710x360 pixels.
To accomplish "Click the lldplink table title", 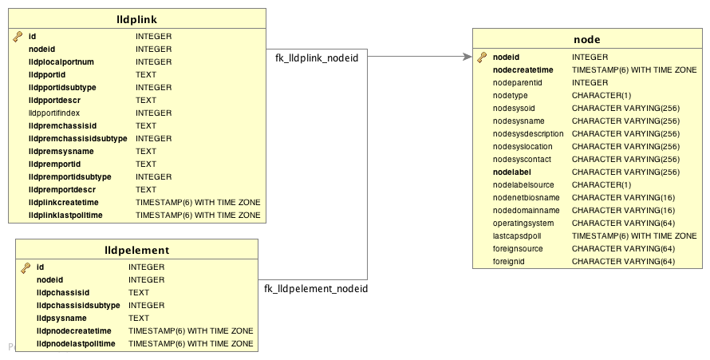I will tap(136, 19).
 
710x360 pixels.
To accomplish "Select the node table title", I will tap(586, 39).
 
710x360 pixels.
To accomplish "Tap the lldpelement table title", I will tap(136, 250).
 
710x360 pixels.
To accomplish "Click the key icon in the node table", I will tap(482, 57).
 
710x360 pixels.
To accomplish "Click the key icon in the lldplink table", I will tap(18, 37).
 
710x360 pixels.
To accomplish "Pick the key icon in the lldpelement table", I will tap(26, 267).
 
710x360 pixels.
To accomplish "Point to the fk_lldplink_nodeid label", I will tap(317, 57).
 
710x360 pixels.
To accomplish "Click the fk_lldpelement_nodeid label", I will tap(316, 288).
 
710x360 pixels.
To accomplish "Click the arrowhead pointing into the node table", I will tap(467, 57).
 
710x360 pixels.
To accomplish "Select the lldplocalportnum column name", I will tap(61, 62).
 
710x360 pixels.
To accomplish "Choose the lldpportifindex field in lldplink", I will tap(60, 113).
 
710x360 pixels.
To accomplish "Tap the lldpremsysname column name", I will tap(61, 152).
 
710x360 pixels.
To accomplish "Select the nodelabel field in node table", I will tap(513, 172).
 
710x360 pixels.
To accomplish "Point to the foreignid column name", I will tap(509, 262).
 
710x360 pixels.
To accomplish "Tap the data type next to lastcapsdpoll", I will tap(634, 236).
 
